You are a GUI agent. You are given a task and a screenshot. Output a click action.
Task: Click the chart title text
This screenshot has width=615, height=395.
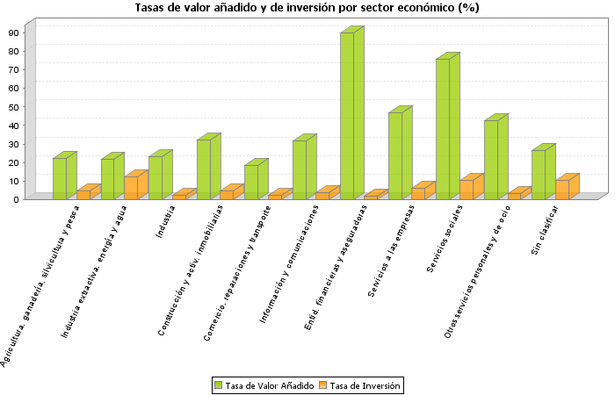(307, 8)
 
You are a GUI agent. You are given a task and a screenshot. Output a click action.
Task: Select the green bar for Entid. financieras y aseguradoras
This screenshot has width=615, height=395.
(347, 116)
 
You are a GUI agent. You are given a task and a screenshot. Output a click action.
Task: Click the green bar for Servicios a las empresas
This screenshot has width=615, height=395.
(395, 155)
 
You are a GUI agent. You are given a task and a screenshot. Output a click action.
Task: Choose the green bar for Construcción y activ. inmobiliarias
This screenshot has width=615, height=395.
(204, 169)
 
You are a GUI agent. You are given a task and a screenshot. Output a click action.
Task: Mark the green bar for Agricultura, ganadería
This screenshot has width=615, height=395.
(60, 178)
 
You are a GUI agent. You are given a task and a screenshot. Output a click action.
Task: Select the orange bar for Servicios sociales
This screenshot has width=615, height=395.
(467, 190)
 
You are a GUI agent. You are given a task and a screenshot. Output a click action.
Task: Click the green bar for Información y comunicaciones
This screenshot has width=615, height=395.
(300, 169)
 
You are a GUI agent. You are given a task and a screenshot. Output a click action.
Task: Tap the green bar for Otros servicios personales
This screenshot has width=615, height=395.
(491, 160)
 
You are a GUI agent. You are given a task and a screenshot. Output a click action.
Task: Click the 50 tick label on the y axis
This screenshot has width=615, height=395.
(14, 106)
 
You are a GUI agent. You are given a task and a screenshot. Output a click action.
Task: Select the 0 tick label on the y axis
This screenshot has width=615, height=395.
(17, 199)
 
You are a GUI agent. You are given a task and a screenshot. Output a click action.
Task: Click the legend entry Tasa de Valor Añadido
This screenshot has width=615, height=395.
(264, 385)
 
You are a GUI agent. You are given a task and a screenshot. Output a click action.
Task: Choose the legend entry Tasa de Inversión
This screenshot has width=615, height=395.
(361, 385)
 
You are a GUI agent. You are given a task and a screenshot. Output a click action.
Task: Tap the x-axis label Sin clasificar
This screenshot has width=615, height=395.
(546, 230)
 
